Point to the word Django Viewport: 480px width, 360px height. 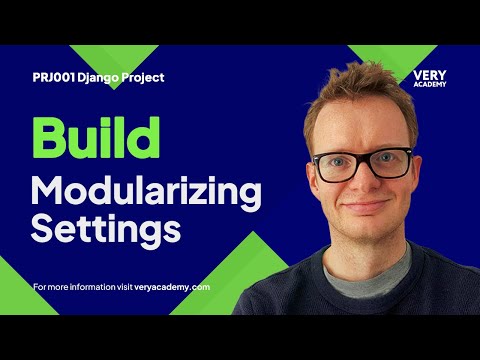pyautogui.click(x=103, y=77)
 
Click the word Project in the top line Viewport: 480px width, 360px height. pyautogui.click(x=144, y=77)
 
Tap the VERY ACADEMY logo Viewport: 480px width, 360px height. pyautogui.click(x=429, y=78)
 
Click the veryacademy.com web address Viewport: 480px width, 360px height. pyautogui.click(x=175, y=287)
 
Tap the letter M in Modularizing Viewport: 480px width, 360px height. pyautogui.click(x=47, y=190)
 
